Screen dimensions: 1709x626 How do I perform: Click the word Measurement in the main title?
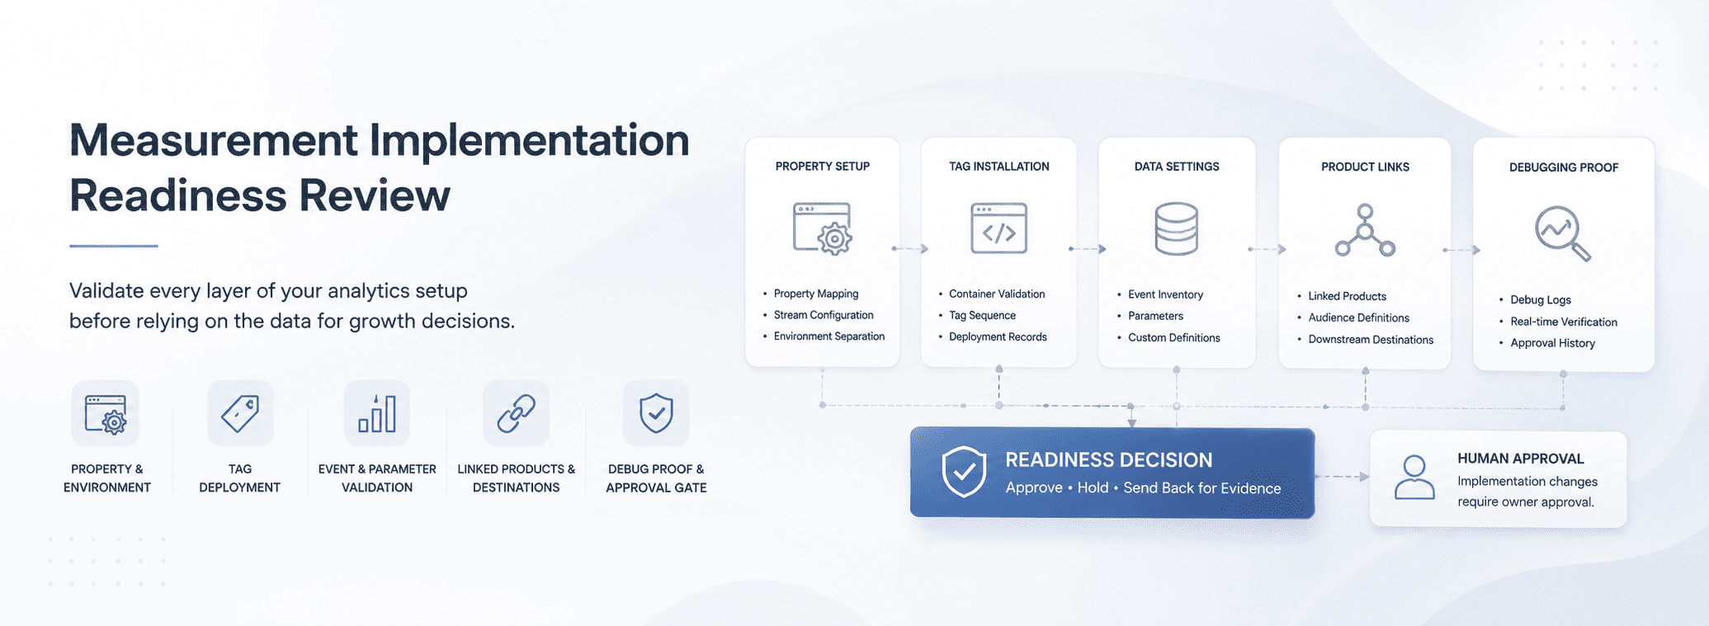[x=214, y=140]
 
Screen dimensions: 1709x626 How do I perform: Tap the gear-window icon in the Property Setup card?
[x=822, y=228]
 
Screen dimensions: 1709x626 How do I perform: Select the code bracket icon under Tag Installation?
[x=998, y=228]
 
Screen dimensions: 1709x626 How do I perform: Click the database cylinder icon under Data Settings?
[x=1176, y=228]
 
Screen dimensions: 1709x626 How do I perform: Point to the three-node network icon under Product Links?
[x=1365, y=230]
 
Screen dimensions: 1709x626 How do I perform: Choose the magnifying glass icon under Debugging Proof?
[x=1562, y=233]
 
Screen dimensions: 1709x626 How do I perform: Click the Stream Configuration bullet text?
[x=824, y=315]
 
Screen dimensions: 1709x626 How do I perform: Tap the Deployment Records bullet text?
[x=998, y=337]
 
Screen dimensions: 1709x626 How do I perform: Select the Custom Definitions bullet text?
[x=1173, y=337]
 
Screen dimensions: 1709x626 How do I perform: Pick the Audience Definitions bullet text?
[x=1358, y=318]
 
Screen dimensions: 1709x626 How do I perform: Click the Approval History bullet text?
[x=1552, y=343]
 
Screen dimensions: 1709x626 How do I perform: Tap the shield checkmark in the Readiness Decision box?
[x=964, y=472]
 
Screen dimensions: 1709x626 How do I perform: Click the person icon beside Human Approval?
[x=1414, y=478]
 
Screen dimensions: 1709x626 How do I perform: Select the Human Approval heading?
[x=1520, y=459]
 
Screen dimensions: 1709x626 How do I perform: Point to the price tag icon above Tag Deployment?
[x=240, y=413]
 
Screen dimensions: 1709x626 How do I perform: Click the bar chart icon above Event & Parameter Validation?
[x=377, y=413]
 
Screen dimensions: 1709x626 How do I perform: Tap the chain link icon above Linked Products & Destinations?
[x=517, y=413]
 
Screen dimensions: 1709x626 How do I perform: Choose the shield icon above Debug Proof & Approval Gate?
[x=656, y=413]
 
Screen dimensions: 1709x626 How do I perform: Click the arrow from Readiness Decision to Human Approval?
[x=1342, y=477]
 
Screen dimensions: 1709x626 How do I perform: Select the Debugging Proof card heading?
[x=1563, y=167]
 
